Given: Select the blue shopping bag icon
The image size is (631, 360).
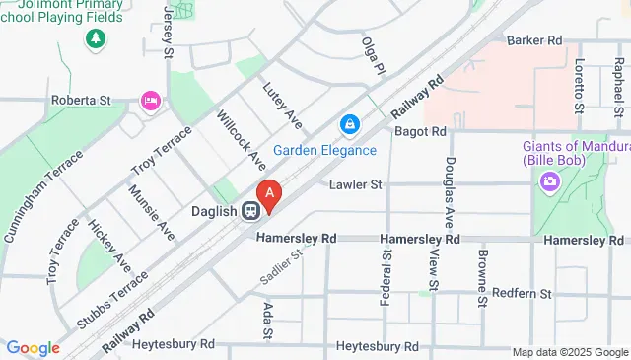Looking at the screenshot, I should pyautogui.click(x=348, y=125).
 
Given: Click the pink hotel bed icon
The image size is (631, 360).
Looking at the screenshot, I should pyautogui.click(x=151, y=100).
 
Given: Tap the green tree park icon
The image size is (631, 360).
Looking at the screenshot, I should pyautogui.click(x=96, y=38).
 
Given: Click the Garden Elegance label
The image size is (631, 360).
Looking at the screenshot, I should pyautogui.click(x=324, y=150).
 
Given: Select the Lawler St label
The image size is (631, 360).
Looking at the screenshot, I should pyautogui.click(x=356, y=184).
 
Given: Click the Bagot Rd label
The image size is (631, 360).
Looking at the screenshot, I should pyautogui.click(x=420, y=130).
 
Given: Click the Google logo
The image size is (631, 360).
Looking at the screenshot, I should pyautogui.click(x=33, y=348).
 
